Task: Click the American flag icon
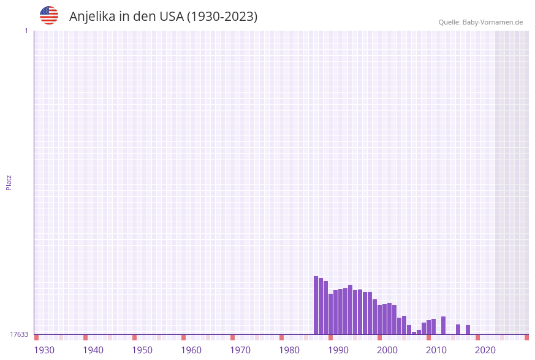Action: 49,15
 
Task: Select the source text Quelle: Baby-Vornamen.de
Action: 480,23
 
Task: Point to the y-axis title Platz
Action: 9,182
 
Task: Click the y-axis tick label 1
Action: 26,31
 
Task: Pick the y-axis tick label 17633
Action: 19,334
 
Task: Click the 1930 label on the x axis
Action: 44,350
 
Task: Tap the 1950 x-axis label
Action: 142,350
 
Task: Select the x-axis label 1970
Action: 240,350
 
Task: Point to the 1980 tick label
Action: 289,350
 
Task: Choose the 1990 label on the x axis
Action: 338,350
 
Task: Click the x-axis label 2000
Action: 387,350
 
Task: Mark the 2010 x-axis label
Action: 436,350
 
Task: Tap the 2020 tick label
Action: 485,350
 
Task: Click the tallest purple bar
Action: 316,305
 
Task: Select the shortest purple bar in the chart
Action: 414,333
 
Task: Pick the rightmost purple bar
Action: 468,329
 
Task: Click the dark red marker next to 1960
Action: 183,337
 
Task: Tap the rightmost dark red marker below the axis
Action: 526,337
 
